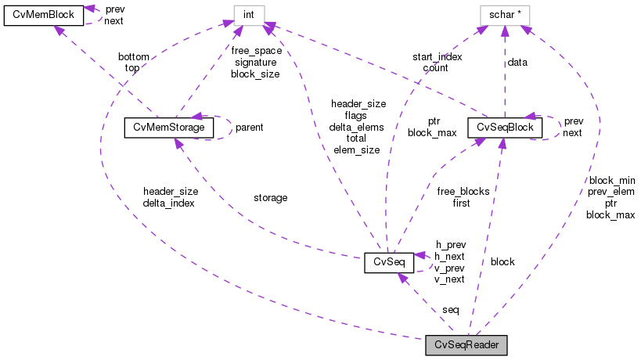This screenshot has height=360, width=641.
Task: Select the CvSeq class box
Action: tap(388, 263)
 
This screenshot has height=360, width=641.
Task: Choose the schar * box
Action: tap(505, 14)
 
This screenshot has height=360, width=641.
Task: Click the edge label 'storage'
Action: tap(271, 198)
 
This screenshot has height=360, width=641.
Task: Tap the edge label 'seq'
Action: tap(451, 310)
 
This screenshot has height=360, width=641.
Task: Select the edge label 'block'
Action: tap(502, 261)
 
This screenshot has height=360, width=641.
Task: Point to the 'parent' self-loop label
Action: tap(250, 127)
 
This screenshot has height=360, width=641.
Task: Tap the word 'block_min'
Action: tap(611, 179)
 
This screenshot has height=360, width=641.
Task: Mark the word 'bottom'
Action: tap(134, 57)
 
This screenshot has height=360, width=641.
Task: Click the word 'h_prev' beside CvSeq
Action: tap(450, 244)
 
